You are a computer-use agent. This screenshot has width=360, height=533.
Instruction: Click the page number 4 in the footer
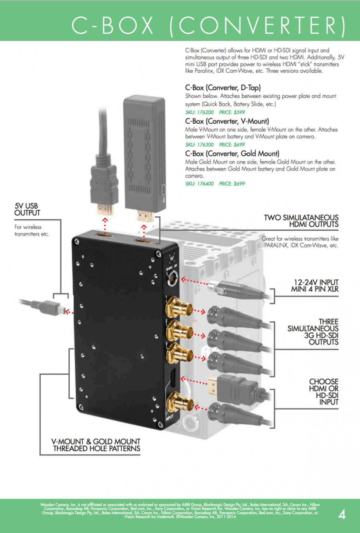tap(342, 515)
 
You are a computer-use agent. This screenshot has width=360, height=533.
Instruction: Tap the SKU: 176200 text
tap(199, 112)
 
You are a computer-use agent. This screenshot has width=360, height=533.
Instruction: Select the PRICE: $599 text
tap(232, 112)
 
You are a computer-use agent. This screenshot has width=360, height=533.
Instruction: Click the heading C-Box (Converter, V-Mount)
tap(227, 121)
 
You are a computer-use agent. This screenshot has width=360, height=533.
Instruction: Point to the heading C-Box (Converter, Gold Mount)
tap(232, 154)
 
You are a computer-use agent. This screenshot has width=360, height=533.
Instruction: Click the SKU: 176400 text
tap(199, 184)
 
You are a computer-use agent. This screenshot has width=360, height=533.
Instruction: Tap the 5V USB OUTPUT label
tap(27, 209)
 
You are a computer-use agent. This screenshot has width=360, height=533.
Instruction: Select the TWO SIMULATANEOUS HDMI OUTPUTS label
tap(301, 221)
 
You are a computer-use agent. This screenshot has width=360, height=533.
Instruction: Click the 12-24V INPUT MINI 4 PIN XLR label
tap(314, 285)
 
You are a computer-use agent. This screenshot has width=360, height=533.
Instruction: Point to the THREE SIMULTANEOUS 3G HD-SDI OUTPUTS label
tap(313, 332)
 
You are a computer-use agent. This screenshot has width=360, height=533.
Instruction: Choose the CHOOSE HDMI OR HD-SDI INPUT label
tap(324, 392)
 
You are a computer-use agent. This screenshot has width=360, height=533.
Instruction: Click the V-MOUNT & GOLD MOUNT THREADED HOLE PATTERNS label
tap(96, 445)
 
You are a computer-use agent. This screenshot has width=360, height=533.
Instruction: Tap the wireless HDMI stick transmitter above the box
tap(144, 158)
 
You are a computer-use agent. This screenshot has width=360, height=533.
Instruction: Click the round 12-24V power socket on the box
tap(172, 278)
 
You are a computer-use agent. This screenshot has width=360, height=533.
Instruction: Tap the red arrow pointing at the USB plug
tap(69, 312)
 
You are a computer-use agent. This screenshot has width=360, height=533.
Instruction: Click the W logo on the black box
tap(172, 258)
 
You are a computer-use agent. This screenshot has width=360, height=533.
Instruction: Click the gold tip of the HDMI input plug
tap(212, 386)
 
